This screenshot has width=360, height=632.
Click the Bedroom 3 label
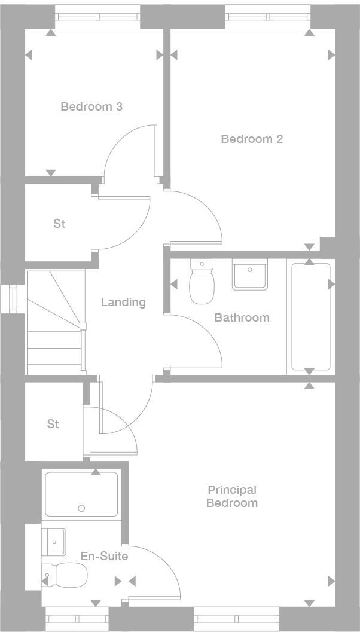(x=91, y=107)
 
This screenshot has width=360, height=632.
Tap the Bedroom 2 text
(x=252, y=139)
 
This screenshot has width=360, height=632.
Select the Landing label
(x=123, y=302)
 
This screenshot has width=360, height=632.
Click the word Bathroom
(x=242, y=317)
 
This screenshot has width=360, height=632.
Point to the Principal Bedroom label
(x=232, y=496)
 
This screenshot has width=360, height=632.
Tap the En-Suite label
(x=104, y=557)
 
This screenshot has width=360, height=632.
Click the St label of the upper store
(x=59, y=224)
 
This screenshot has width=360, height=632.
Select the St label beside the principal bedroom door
(x=53, y=424)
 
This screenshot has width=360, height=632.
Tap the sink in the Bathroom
(x=250, y=275)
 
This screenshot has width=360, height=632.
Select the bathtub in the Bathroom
(x=310, y=316)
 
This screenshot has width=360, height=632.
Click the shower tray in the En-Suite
(x=81, y=494)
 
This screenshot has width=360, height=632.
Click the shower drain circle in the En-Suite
(x=81, y=509)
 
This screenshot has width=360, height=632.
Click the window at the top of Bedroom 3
(x=97, y=17)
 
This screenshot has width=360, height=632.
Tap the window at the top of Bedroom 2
(x=269, y=17)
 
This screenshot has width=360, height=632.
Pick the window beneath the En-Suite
(x=77, y=618)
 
